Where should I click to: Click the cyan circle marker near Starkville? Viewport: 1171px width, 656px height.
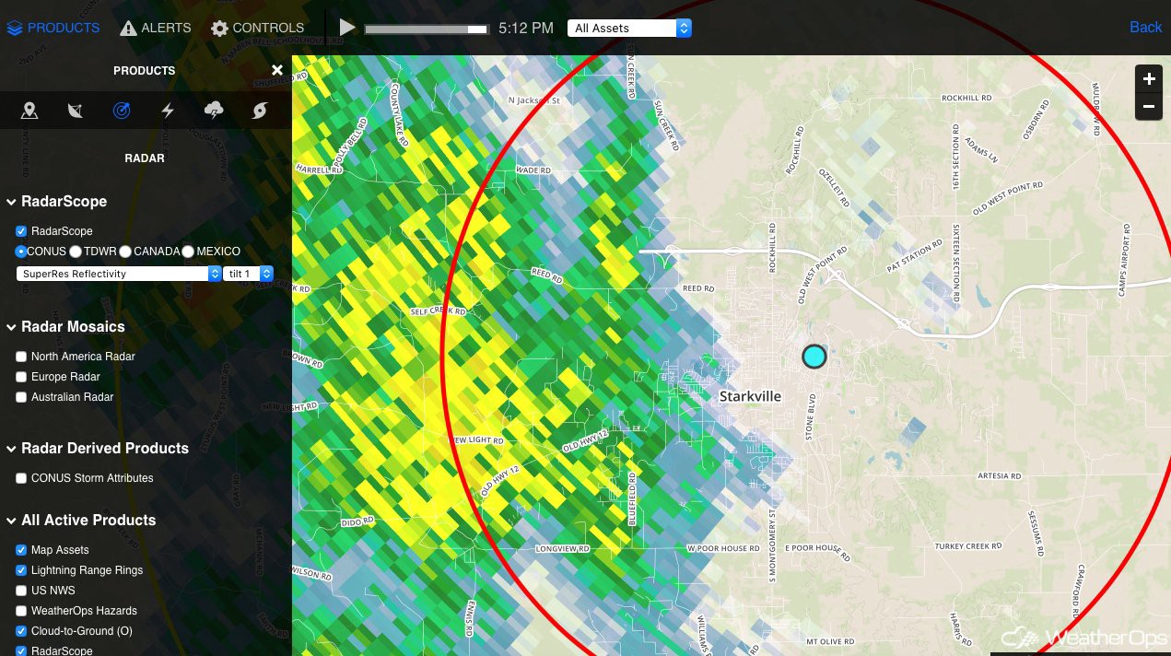click(814, 356)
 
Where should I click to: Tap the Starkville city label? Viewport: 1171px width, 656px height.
click(750, 396)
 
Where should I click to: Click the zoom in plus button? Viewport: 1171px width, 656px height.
click(1149, 79)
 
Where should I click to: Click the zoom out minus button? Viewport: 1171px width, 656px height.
click(1149, 107)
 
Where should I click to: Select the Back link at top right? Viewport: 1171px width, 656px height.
click(1145, 28)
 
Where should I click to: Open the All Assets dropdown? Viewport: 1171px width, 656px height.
click(630, 29)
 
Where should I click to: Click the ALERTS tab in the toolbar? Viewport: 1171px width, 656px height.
click(155, 28)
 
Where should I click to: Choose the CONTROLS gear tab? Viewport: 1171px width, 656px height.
click(257, 28)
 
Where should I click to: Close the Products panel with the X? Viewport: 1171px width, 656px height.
click(277, 71)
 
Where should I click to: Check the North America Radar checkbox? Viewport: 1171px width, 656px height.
click(21, 357)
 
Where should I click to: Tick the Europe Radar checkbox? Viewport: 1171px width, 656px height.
click(21, 377)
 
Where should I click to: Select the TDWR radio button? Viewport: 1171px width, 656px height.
click(76, 252)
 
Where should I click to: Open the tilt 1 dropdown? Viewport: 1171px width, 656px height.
click(248, 274)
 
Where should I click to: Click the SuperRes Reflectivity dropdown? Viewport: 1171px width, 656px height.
click(119, 274)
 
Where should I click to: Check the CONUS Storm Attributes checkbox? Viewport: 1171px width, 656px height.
click(21, 478)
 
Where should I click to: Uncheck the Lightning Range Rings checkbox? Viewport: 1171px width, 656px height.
click(21, 570)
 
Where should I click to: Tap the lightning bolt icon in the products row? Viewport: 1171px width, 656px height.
click(168, 111)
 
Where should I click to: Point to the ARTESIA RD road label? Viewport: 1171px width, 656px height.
click(999, 476)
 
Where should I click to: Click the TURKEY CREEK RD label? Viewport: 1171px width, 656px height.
click(967, 546)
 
